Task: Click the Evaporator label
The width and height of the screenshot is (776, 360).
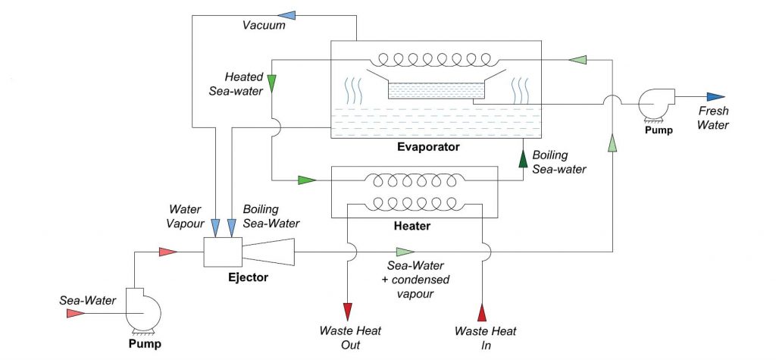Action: [x=428, y=146]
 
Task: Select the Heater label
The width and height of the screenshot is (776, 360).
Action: [x=413, y=226]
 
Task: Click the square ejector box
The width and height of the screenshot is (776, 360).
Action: [x=222, y=252]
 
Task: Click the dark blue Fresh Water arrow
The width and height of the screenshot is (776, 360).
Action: [x=715, y=97]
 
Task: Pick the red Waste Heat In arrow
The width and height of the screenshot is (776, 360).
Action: [x=483, y=311]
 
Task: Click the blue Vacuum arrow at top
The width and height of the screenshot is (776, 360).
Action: [x=287, y=13]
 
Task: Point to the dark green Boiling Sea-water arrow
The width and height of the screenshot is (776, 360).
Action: [x=522, y=158]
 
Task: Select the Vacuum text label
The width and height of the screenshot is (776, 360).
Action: [x=264, y=26]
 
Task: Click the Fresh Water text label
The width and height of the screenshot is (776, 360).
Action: [x=714, y=118]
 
